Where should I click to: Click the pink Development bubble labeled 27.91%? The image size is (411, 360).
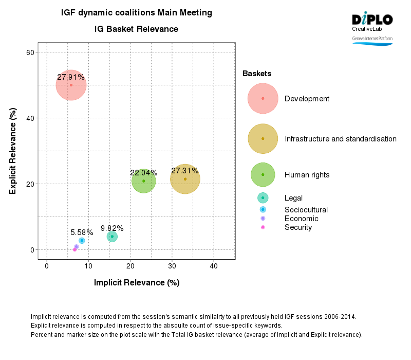point(71,85)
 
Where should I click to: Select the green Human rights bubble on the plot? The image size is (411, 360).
point(144,181)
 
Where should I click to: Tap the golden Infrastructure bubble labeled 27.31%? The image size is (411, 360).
point(185,179)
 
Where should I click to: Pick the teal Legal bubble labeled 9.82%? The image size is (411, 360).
point(112,237)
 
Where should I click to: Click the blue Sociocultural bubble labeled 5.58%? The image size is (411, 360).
point(82,241)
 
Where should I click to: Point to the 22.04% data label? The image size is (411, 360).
point(143,173)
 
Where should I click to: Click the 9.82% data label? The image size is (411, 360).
point(112,228)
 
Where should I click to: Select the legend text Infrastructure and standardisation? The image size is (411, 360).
point(340,139)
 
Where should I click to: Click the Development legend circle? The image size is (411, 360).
point(263,98)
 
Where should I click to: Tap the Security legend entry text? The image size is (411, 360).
point(298,227)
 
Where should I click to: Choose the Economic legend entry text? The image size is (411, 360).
point(301,219)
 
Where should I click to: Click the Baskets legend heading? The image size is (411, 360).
point(257,74)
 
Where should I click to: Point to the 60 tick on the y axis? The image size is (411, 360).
point(29,52)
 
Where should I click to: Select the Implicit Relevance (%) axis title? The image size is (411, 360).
point(136,282)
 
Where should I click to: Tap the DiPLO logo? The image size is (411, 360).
point(372,20)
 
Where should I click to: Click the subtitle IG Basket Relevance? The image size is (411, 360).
point(136,29)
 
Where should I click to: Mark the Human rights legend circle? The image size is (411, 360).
point(263,174)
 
